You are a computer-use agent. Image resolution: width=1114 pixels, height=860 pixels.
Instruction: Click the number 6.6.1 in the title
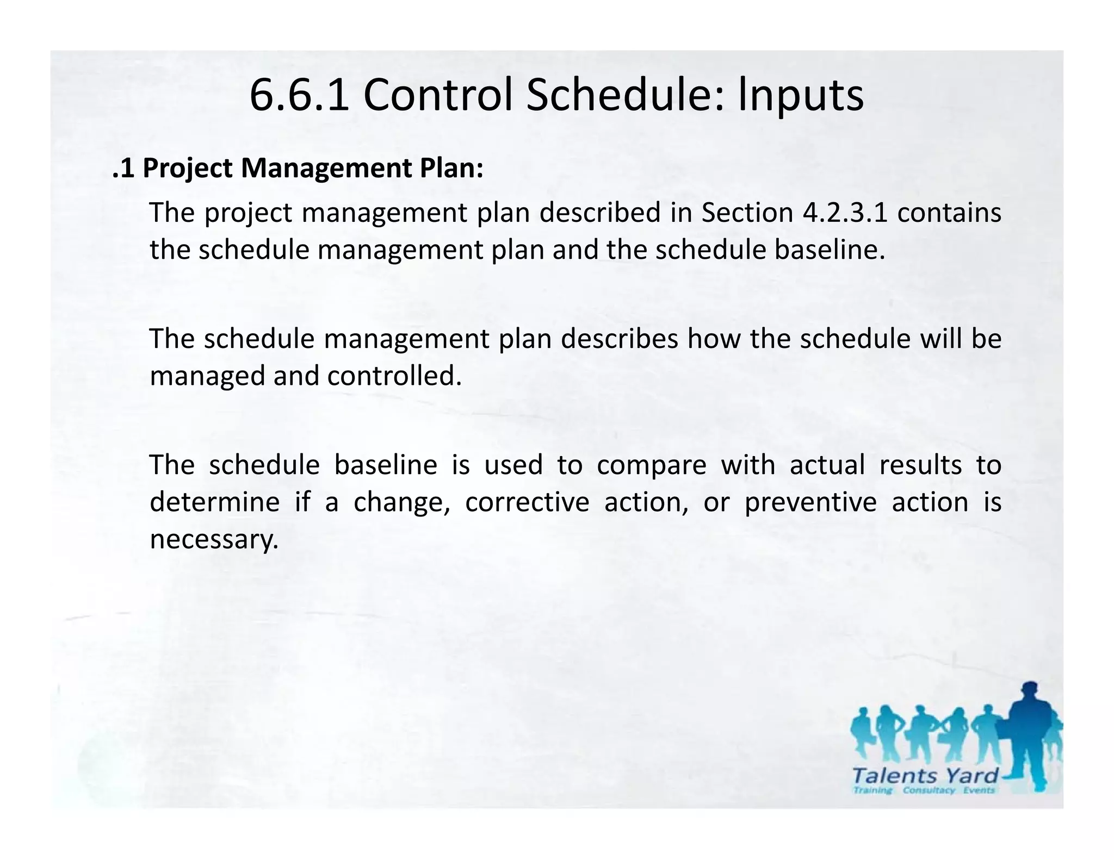[299, 96]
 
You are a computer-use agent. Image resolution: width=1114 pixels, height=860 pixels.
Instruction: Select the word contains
[949, 212]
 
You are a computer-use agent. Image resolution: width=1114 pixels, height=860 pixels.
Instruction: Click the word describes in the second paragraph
[620, 339]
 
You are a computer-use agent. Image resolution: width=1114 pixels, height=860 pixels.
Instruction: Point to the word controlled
[394, 376]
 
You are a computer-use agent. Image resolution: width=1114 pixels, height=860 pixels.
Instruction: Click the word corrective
[527, 502]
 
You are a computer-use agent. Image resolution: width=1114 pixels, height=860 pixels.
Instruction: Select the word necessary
[214, 539]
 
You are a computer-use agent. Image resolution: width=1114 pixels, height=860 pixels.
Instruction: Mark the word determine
[214, 502]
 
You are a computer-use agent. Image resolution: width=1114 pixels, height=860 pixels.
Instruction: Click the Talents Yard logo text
[925, 775]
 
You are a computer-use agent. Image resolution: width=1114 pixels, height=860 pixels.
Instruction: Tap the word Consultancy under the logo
[929, 790]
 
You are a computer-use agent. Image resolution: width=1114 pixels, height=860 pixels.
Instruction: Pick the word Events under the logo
[979, 790]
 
